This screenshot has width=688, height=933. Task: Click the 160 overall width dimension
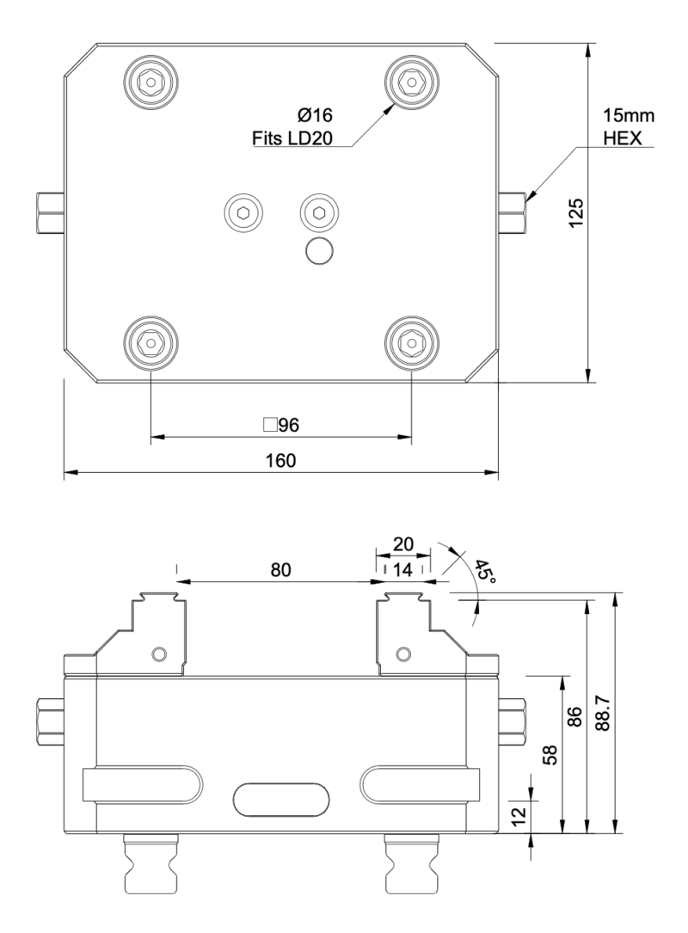[280, 460]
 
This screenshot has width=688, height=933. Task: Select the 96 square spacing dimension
[280, 425]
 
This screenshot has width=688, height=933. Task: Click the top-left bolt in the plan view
[151, 83]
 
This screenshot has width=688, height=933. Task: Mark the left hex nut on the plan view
[50, 212]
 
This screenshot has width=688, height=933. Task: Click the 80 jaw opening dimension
[280, 569]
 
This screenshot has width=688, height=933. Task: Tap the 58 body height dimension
[551, 754]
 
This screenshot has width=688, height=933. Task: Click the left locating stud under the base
[151, 864]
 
